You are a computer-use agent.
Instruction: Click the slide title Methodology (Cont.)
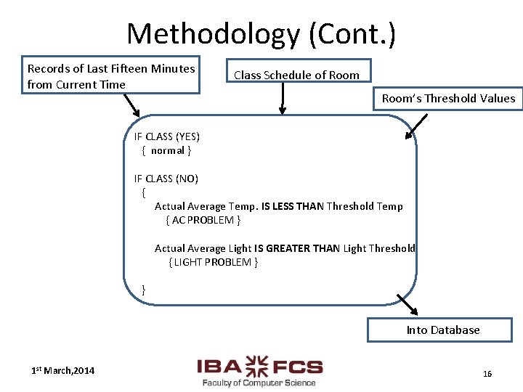pos(261,34)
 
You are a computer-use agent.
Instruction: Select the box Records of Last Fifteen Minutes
pos(110,76)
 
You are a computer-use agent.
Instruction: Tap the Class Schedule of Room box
pos(298,75)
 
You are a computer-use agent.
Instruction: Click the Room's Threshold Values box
pos(447,99)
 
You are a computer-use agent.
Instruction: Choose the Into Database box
pos(442,330)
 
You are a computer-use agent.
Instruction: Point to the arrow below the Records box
pos(129,105)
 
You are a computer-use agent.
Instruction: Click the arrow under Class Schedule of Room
pos(283,97)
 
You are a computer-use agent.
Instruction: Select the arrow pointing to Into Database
pos(406,303)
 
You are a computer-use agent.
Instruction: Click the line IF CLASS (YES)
pos(167,136)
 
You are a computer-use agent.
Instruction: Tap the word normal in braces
pos(168,150)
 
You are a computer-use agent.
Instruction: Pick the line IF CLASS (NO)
pos(166,179)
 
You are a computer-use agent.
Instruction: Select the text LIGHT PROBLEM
pos(214,262)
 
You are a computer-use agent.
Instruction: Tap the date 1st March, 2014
pos(62,371)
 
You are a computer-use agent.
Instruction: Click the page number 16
pos(487,373)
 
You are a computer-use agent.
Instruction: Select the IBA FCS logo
pos(259,366)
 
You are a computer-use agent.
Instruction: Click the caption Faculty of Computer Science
pos(259,383)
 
